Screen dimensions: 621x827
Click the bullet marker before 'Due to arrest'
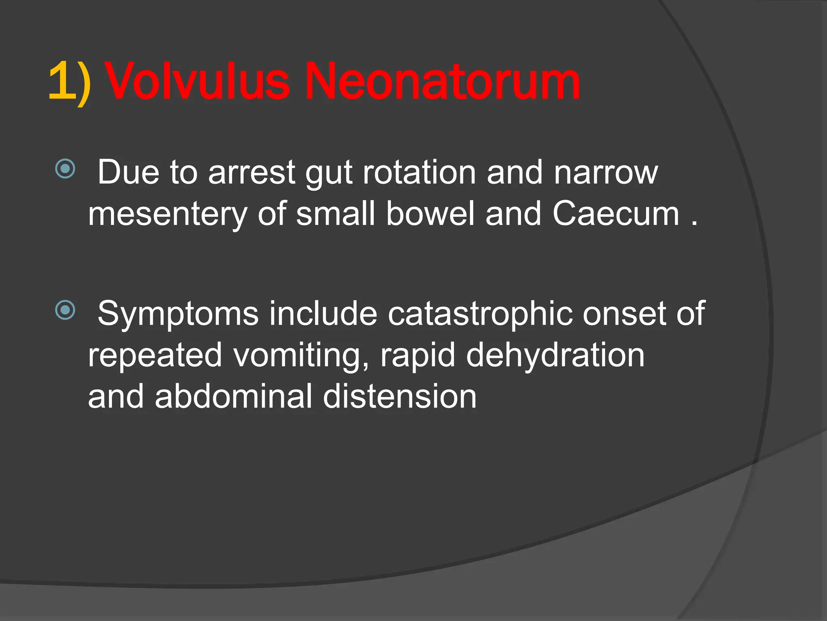coord(65,169)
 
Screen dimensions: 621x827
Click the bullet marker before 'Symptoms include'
coord(65,310)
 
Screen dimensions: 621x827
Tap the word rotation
coord(420,173)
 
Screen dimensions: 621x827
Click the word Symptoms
coord(178,314)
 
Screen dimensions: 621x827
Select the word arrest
coord(252,173)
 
